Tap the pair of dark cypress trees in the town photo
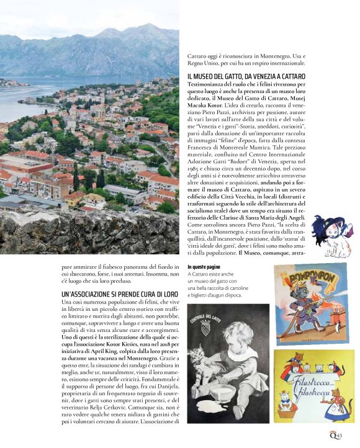[x=78, y=179]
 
